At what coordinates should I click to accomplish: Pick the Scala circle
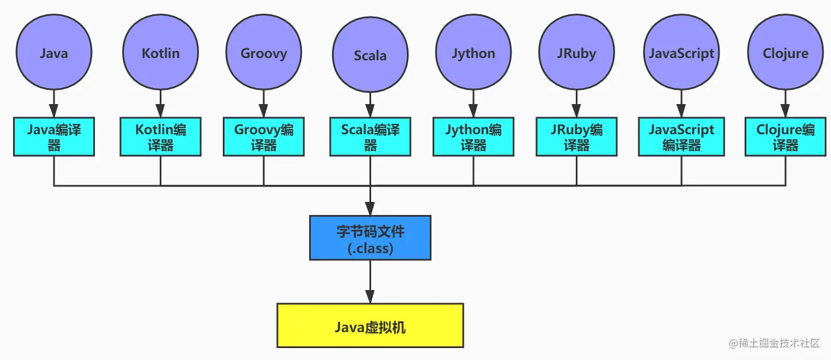(x=370, y=55)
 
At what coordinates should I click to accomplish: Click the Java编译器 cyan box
(x=54, y=136)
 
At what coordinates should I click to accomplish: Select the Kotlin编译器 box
(x=160, y=136)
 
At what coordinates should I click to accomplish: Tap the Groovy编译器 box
(x=264, y=136)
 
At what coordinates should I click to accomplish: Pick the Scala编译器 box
(x=370, y=136)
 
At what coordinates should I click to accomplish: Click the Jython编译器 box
(x=473, y=136)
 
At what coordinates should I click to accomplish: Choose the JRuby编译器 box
(x=576, y=136)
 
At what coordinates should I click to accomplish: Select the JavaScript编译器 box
(x=682, y=136)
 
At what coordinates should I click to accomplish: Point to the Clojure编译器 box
(x=786, y=136)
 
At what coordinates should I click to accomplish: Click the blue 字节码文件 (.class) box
(x=370, y=238)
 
